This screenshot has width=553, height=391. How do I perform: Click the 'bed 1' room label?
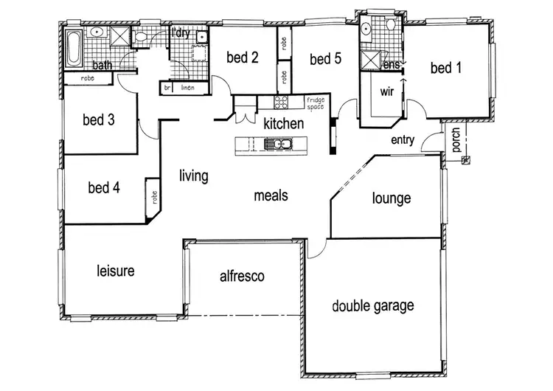click(x=445, y=69)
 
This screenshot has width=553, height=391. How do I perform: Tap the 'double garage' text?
click(x=372, y=305)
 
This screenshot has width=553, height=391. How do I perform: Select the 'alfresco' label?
click(x=242, y=276)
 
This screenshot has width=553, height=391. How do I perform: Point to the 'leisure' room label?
click(x=116, y=271)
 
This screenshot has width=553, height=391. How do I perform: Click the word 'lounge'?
click(x=391, y=198)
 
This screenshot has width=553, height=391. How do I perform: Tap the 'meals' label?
click(x=271, y=195)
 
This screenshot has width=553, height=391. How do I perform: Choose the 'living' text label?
click(x=193, y=176)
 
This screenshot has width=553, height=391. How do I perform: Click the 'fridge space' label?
click(x=315, y=104)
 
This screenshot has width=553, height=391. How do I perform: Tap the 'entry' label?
click(x=403, y=140)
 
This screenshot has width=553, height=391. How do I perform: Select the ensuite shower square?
click(x=369, y=58)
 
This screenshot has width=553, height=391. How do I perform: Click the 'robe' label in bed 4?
click(x=153, y=198)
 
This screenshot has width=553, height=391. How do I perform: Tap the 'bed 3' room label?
click(x=98, y=120)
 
